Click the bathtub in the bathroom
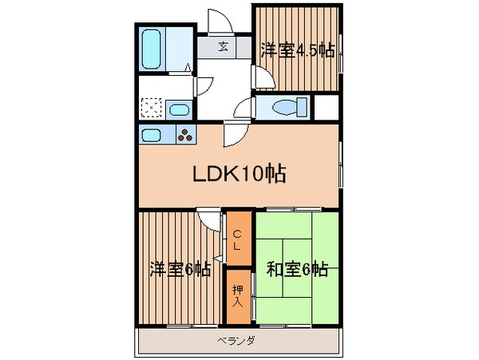coord(152,49)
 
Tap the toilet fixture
coord(283,107)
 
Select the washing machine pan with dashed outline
coord(152,108)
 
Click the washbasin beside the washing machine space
coord(179,109)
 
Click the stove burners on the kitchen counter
coord(185,134)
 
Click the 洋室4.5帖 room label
coord(296,50)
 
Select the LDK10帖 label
coord(238,173)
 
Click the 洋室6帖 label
coord(180,268)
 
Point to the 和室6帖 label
coord(297,268)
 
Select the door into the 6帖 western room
coord(209,219)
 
